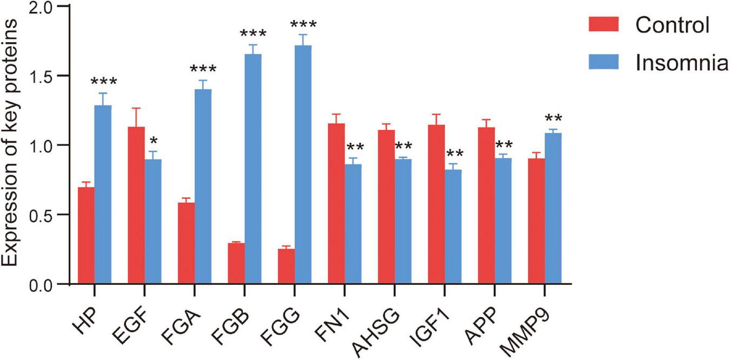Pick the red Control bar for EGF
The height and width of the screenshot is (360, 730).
click(136, 205)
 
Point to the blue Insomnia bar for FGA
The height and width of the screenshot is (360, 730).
click(203, 186)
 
